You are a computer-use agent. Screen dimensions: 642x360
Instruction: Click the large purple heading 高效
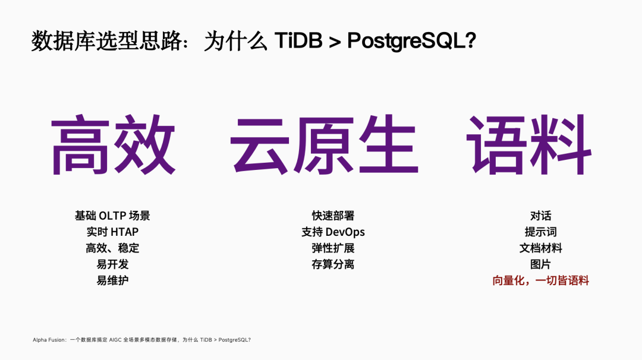(x=113, y=145)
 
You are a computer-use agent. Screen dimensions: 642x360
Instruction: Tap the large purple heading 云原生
(x=324, y=145)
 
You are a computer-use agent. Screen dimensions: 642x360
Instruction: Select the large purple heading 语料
(x=528, y=145)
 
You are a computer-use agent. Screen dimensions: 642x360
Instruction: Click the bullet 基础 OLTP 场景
(x=112, y=216)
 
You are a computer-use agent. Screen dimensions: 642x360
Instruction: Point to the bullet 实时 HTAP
(x=112, y=232)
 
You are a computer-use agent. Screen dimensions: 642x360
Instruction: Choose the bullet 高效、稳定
(x=112, y=248)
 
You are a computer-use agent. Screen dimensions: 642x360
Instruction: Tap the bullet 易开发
(x=112, y=264)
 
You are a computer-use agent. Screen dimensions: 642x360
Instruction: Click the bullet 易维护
(x=112, y=280)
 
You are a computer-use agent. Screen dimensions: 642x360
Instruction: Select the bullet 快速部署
(x=333, y=216)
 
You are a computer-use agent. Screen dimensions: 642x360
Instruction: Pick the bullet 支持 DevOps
(x=333, y=232)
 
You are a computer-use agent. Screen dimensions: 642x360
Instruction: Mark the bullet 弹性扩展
(x=333, y=248)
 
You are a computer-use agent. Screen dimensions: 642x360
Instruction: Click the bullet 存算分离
(x=333, y=264)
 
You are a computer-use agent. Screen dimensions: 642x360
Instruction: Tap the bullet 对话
(x=540, y=216)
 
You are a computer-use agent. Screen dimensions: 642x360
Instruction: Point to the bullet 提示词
(x=540, y=232)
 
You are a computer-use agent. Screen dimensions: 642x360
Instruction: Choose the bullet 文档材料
(x=540, y=248)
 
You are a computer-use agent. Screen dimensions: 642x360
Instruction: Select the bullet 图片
(x=540, y=264)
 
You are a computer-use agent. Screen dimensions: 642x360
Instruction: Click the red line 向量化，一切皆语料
(x=540, y=280)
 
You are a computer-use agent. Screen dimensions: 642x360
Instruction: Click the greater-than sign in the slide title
(x=335, y=42)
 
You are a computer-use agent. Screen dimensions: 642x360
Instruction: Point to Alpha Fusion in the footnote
(x=49, y=340)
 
